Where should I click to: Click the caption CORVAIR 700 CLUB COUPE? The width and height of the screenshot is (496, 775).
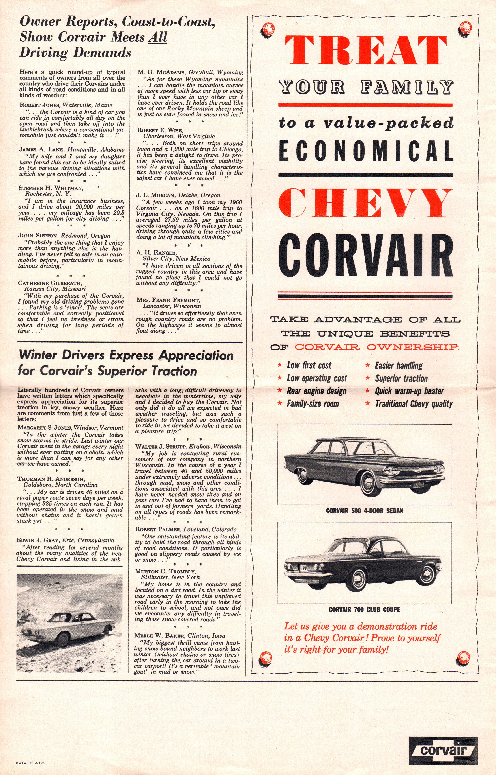(x=364, y=610)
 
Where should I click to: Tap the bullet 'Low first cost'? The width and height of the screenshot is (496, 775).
(x=309, y=365)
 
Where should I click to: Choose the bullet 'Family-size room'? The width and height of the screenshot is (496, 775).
(x=313, y=404)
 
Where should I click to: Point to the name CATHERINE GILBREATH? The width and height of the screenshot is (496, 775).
(x=50, y=283)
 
